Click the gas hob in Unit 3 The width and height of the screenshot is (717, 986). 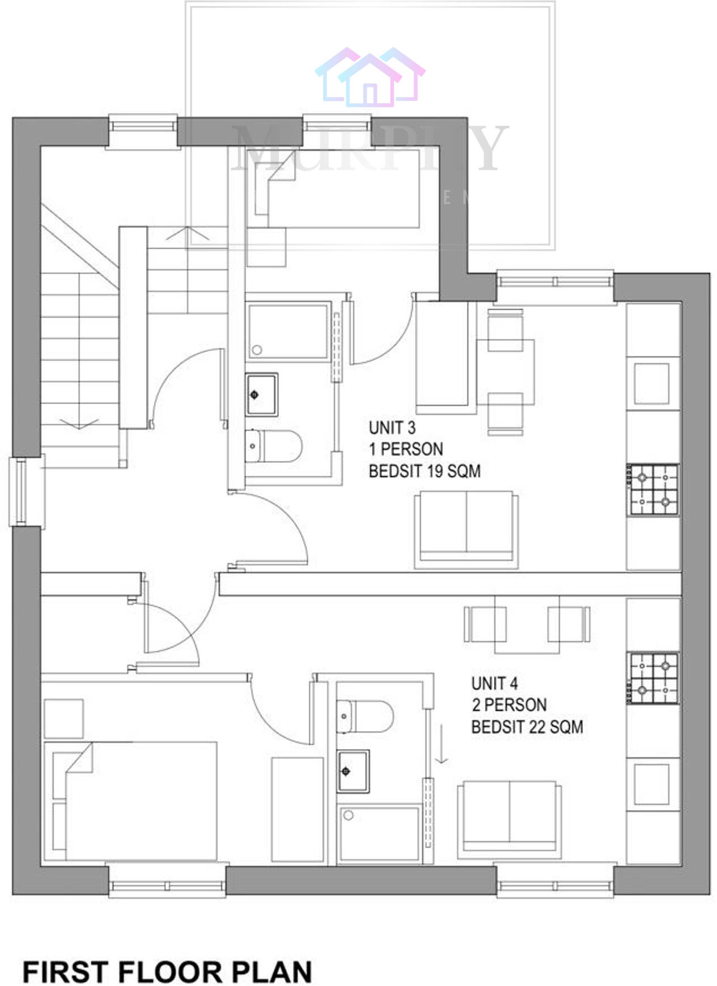pyautogui.click(x=653, y=489)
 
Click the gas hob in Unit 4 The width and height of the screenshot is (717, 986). pyautogui.click(x=653, y=678)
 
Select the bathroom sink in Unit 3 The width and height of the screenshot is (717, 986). pyautogui.click(x=261, y=394)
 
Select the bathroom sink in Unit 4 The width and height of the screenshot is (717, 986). pyautogui.click(x=353, y=771)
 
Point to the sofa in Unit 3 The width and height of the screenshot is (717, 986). pyautogui.click(x=465, y=529)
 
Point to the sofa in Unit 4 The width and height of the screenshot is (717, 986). pyautogui.click(x=509, y=820)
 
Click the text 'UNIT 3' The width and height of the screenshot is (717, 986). pyautogui.click(x=392, y=428)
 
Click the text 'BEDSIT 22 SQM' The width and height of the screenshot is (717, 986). pyautogui.click(x=527, y=727)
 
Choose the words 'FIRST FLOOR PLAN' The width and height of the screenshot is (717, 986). pyautogui.click(x=167, y=972)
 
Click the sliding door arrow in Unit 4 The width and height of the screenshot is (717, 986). pyautogui.click(x=441, y=744)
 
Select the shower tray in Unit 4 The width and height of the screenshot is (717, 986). pyautogui.click(x=379, y=832)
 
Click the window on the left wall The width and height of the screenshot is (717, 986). pyautogui.click(x=21, y=491)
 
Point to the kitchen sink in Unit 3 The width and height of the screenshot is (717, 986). pyautogui.click(x=651, y=384)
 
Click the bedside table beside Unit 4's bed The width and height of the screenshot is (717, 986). pyautogui.click(x=63, y=718)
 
